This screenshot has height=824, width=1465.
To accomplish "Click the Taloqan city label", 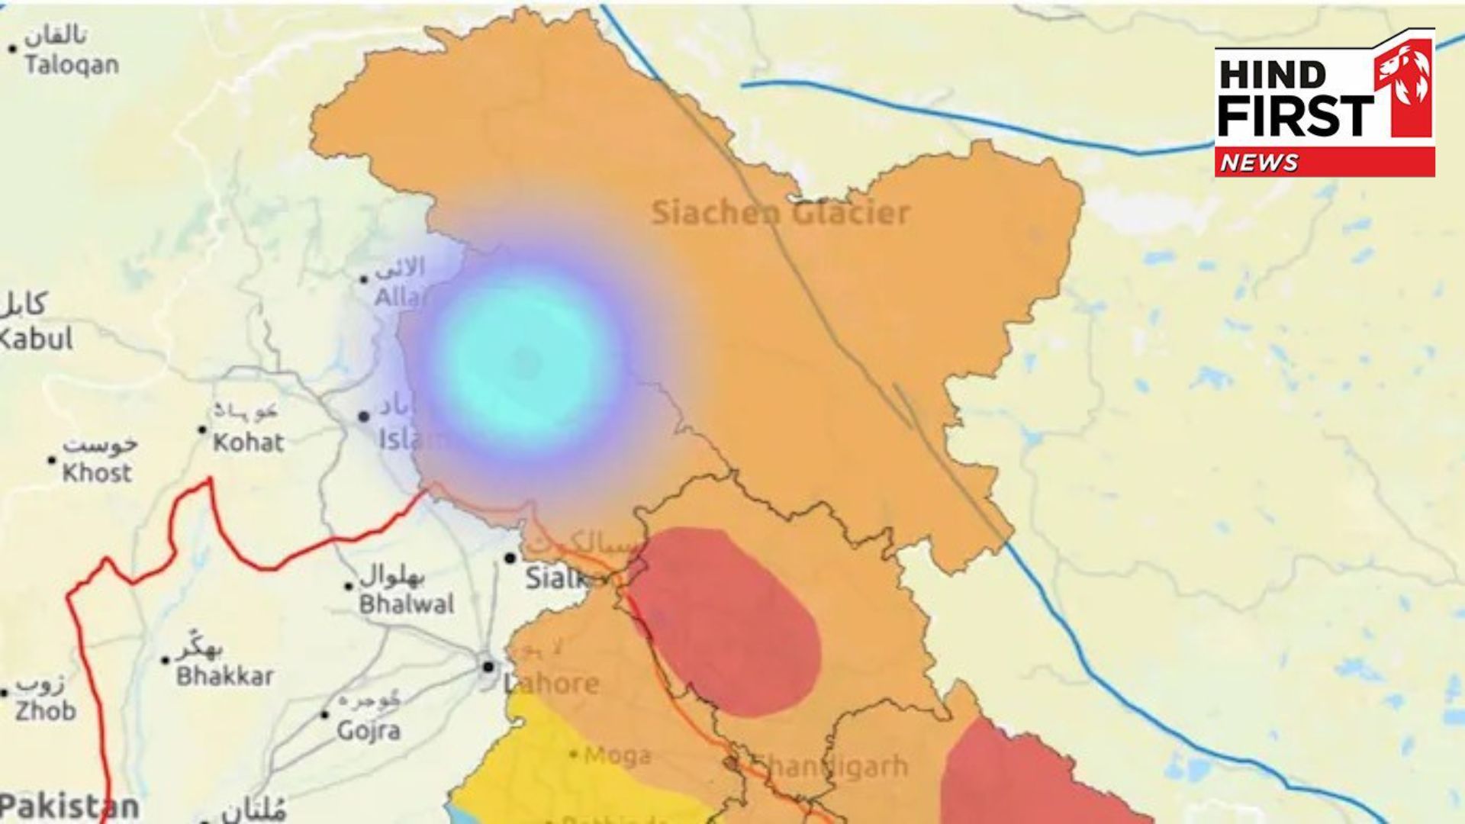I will [x=71, y=64].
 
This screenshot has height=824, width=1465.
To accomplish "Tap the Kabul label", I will [x=36, y=339].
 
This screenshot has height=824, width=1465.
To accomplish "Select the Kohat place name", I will [x=248, y=442].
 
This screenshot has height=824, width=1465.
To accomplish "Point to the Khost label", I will [x=97, y=472].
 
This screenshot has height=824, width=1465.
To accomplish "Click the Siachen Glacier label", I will [x=780, y=213].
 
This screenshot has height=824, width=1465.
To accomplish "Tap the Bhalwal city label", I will [x=407, y=604].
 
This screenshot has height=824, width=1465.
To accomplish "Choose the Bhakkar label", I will [x=224, y=675].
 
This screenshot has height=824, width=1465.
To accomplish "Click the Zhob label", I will [x=47, y=711].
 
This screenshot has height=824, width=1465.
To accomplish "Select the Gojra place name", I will [x=369, y=730].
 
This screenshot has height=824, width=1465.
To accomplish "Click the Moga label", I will [x=617, y=755].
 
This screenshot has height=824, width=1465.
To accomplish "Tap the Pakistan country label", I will [x=69, y=806].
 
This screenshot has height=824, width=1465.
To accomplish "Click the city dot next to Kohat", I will [x=202, y=430].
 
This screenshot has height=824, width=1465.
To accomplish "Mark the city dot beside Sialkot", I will [x=510, y=558].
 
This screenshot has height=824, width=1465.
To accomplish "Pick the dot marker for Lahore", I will [x=488, y=667].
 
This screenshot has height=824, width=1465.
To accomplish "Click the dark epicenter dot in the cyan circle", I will [x=526, y=362].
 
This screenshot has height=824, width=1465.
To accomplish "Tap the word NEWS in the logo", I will [x=1259, y=163].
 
